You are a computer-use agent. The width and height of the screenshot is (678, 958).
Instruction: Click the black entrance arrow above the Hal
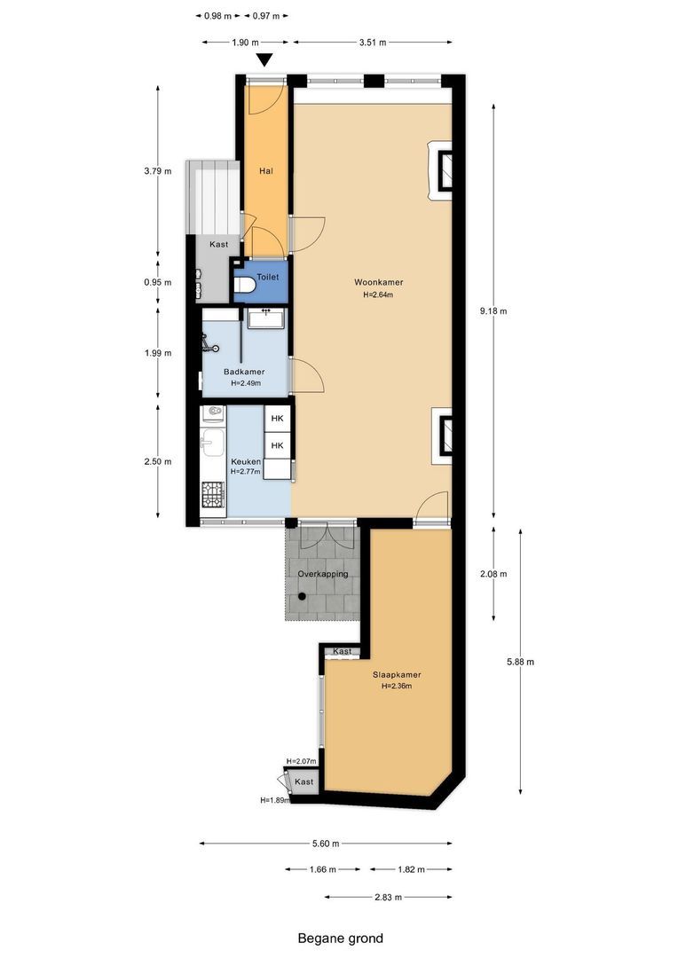pyautogui.click(x=264, y=60)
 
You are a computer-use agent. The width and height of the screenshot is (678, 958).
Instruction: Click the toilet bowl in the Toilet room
pyautogui.click(x=243, y=286)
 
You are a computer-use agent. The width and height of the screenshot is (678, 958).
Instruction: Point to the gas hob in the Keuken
pyautogui.click(x=213, y=493)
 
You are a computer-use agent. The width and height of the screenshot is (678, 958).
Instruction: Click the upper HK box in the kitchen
pyautogui.click(x=277, y=419)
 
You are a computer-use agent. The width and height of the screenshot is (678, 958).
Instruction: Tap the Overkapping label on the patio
pyautogui.click(x=322, y=574)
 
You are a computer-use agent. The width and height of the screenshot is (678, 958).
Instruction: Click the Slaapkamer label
pyautogui.click(x=397, y=674)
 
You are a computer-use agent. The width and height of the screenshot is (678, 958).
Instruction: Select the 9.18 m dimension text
pyautogui.click(x=493, y=310)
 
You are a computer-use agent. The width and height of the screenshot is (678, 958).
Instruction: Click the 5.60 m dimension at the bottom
pyautogui.click(x=325, y=844)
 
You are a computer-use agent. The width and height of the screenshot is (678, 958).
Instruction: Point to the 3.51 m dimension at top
pyautogui.click(x=372, y=42)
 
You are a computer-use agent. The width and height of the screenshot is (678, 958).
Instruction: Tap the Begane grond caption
pyautogui.click(x=340, y=938)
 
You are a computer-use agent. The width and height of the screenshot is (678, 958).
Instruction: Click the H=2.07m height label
pyautogui.click(x=302, y=762)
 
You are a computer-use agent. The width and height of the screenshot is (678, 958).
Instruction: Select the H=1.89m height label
pyautogui.click(x=276, y=800)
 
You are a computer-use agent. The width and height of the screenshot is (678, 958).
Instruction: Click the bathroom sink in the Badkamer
pyautogui.click(x=264, y=317)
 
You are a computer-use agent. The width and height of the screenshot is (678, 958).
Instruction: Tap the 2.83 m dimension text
pyautogui.click(x=388, y=898)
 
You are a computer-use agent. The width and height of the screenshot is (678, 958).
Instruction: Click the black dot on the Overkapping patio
pyautogui.click(x=302, y=597)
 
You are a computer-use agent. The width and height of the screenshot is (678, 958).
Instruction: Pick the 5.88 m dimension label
pyautogui.click(x=519, y=661)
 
